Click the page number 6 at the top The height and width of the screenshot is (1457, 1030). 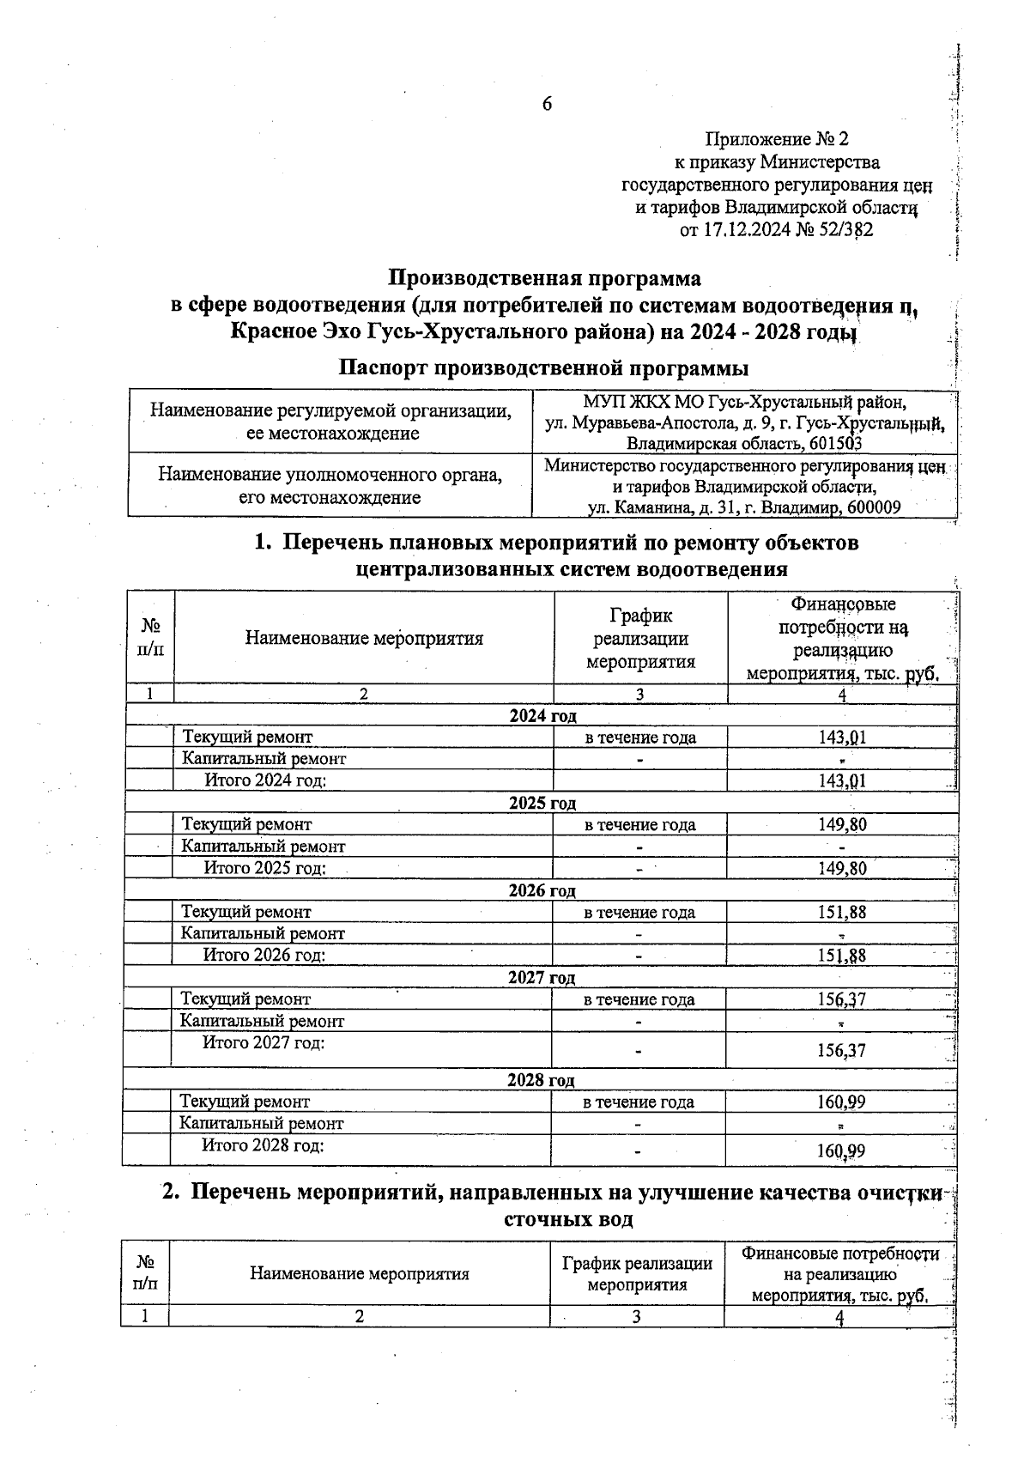(547, 105)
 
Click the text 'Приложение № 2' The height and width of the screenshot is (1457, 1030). (776, 139)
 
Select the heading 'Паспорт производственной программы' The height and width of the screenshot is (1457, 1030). (543, 368)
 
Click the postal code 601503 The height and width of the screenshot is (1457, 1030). (833, 444)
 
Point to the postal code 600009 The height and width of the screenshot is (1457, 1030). (874, 507)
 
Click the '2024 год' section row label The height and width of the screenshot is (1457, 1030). (542, 716)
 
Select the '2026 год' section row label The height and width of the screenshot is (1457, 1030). (542, 890)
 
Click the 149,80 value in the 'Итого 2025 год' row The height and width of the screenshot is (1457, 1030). (842, 868)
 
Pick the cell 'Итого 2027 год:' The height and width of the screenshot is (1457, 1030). (264, 1043)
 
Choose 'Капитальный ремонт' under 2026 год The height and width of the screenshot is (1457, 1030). (263, 933)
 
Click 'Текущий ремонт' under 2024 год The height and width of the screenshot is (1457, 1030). (247, 737)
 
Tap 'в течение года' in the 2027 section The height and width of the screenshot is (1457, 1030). (639, 999)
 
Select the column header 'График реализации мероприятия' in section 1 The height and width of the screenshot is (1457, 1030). (640, 639)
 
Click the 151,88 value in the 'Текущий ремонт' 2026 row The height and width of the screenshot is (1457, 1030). (842, 912)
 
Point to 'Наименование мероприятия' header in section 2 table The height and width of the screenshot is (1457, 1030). (360, 1274)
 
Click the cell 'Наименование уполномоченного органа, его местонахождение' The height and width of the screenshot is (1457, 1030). (330, 486)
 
